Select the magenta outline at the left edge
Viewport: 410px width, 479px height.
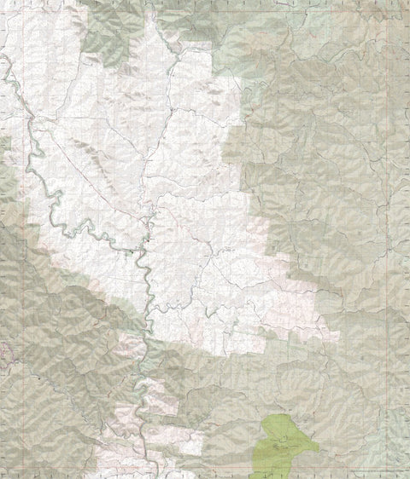[x=3, y=350]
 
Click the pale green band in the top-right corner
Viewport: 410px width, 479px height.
[x=376, y=26]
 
